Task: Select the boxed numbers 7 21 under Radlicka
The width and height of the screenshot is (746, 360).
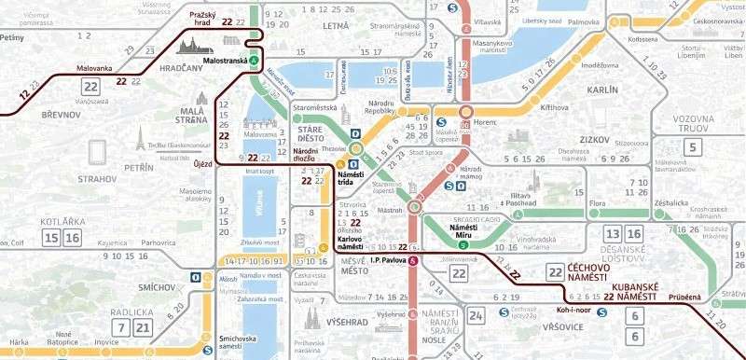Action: tap(131, 326)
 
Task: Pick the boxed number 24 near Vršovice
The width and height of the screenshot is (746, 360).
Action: tap(477, 316)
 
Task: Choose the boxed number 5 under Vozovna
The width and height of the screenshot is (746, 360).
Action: tap(691, 146)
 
